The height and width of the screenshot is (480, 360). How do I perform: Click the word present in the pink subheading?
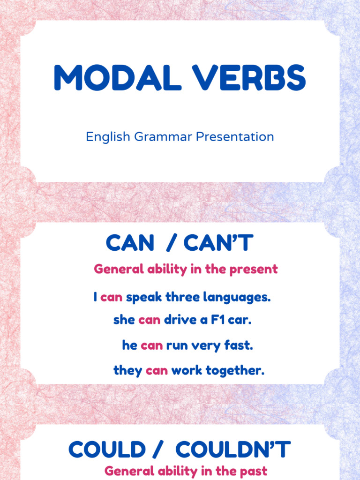258,270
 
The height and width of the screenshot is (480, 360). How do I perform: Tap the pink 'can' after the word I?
112,297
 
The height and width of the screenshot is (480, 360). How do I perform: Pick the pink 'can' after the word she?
150,320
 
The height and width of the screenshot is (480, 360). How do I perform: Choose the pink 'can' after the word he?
152,346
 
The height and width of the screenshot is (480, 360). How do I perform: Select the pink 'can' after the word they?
157,371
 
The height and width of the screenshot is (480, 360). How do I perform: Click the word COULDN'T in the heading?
233,450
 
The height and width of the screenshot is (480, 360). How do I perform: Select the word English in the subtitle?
108,137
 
